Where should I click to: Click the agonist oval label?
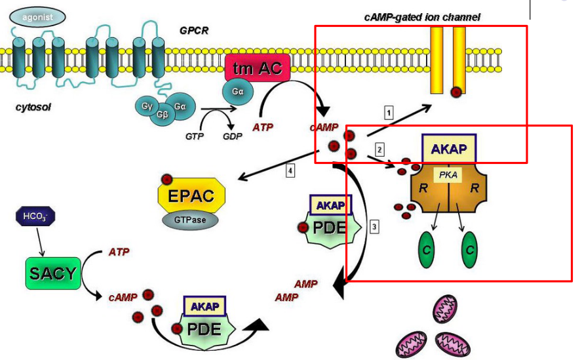[37, 16]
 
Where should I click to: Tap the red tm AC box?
[257, 68]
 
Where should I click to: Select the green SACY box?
[52, 273]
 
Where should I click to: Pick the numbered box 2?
[379, 149]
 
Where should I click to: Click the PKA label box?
[448, 174]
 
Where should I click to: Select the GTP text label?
[194, 136]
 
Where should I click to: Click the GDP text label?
[232, 136]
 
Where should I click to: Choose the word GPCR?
[194, 30]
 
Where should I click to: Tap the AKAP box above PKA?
[449, 148]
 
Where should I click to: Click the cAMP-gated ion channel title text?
[421, 16]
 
